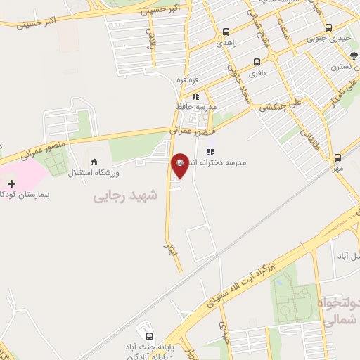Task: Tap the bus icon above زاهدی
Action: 226,32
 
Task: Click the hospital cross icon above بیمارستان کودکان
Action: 11,184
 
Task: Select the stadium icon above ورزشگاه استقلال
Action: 94,162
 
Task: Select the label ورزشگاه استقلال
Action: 94,172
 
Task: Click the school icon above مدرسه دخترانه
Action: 210,152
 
